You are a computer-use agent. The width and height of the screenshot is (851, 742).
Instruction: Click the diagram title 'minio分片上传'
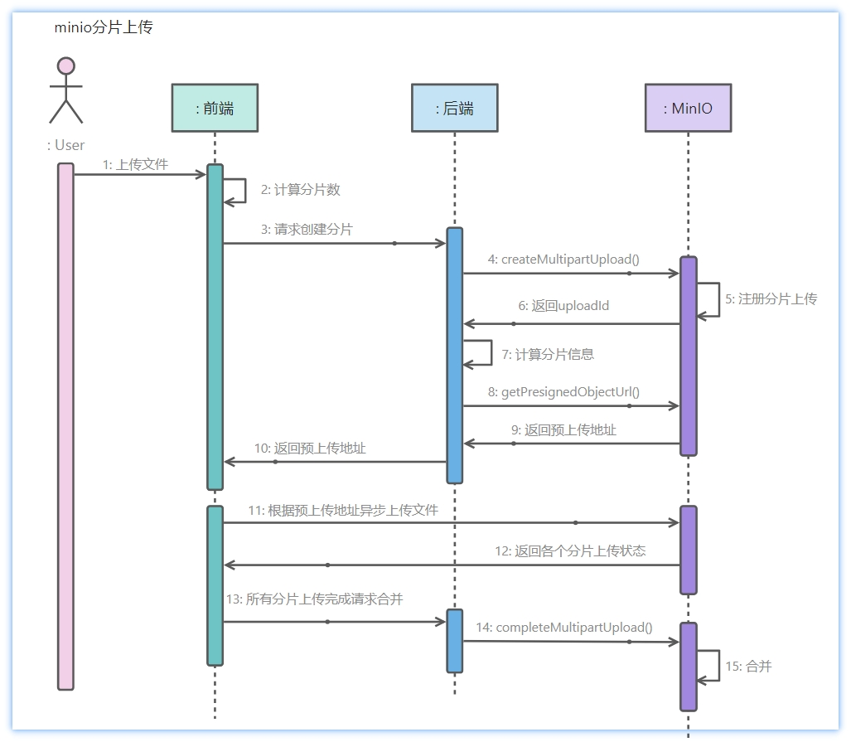[103, 27]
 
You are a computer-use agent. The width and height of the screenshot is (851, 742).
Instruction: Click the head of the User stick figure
[65, 65]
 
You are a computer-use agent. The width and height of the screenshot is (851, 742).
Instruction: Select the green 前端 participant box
[215, 108]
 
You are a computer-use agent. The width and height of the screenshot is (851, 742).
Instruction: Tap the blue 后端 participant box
[454, 108]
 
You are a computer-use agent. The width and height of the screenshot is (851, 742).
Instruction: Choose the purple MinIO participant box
[688, 108]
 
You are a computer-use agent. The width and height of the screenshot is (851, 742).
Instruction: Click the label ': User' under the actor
[66, 145]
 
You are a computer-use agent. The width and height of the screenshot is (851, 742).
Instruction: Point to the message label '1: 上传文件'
[135, 164]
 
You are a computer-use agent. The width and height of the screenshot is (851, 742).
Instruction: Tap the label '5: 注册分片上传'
[771, 298]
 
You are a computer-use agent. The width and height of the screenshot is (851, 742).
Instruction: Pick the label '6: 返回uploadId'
[563, 306]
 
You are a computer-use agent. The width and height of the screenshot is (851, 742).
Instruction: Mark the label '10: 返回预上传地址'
[309, 448]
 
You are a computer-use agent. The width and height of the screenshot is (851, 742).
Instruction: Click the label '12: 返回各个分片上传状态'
[570, 550]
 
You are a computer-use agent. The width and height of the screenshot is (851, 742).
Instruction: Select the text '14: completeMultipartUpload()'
[563, 628]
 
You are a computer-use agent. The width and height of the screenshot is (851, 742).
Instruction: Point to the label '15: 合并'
[747, 666]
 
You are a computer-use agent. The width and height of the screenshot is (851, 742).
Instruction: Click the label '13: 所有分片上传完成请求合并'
[314, 599]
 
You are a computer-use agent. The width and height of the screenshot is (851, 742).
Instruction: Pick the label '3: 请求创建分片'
[306, 230]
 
